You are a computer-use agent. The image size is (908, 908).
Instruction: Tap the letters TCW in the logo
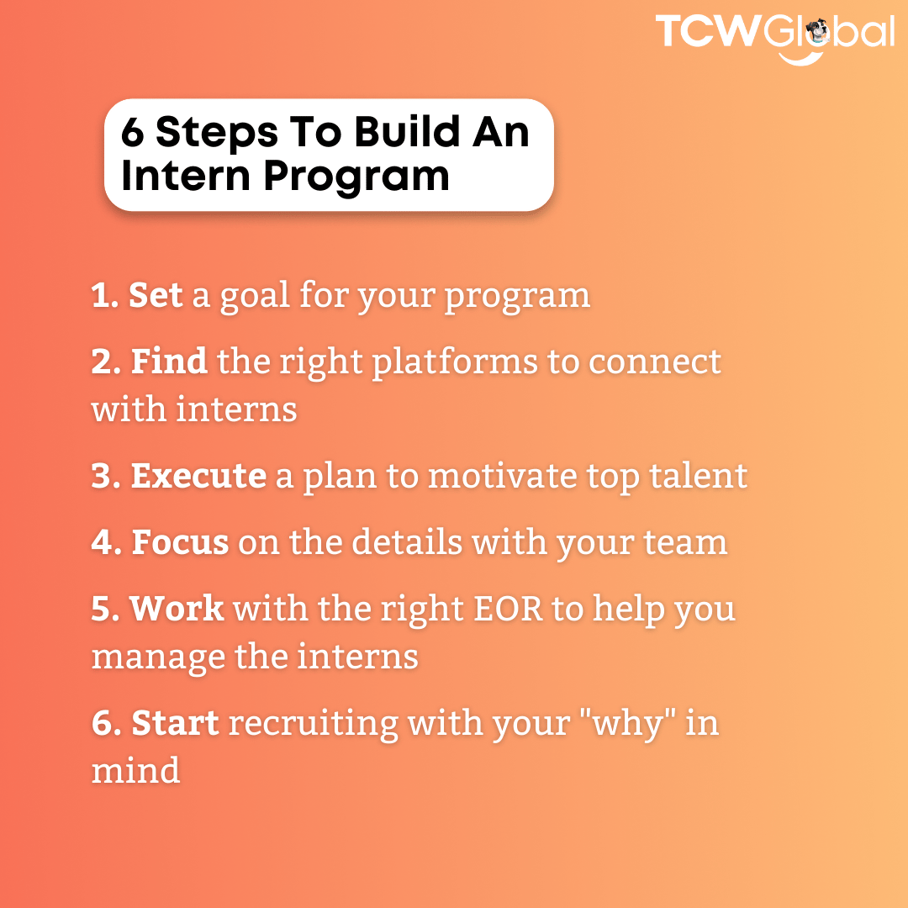coord(709,32)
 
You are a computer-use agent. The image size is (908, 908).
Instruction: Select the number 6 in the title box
coord(132,132)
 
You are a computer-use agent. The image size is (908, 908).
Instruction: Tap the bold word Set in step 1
coord(156,295)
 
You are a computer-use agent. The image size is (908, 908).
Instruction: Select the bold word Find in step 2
coord(169,361)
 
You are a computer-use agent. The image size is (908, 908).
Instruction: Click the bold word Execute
coord(198,476)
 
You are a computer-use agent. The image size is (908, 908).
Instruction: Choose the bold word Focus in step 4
coord(180,542)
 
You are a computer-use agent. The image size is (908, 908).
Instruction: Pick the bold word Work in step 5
coord(177,609)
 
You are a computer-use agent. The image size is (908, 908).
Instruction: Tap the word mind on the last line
coord(135,770)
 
